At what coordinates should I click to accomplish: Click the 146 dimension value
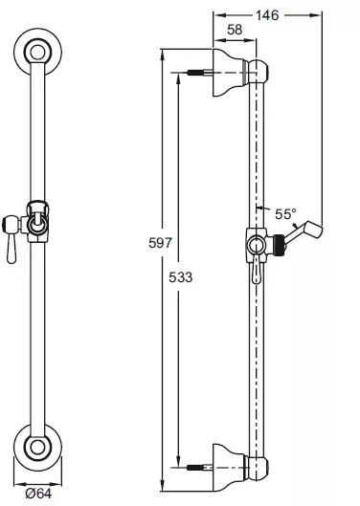(267, 15)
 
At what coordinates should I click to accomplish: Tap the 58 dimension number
(235, 30)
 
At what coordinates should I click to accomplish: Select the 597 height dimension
(161, 242)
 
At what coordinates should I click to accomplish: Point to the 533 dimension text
(180, 276)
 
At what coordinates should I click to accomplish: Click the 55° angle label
(285, 213)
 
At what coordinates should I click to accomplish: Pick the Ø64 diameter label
(38, 494)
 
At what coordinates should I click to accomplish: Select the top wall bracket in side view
(230, 73)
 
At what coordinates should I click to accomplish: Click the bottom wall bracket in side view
(230, 468)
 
